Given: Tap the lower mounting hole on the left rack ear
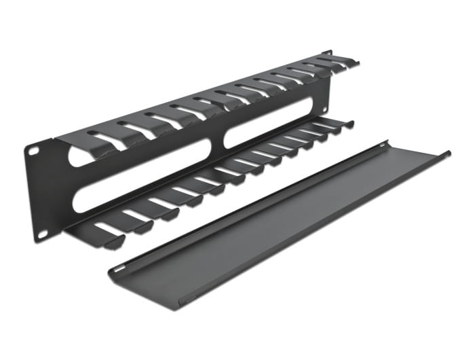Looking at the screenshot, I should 41,232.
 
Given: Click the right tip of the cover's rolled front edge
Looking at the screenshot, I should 448,154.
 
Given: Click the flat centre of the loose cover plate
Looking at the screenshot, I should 271,217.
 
